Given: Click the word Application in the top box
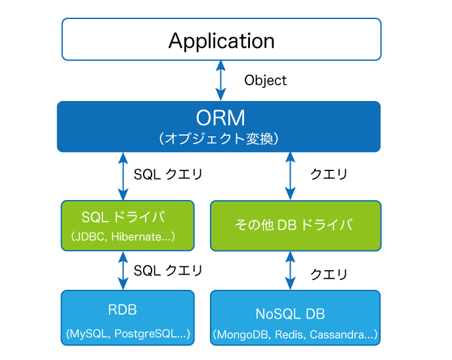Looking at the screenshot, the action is click(x=221, y=41).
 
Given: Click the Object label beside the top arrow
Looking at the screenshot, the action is click(x=266, y=81).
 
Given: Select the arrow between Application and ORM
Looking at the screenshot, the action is click(x=221, y=81).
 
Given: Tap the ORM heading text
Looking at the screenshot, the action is click(x=220, y=117).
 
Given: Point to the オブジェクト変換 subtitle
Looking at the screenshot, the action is click(x=219, y=138).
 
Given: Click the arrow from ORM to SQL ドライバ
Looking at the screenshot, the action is click(x=123, y=176).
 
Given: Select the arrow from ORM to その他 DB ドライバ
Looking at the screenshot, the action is click(x=290, y=176).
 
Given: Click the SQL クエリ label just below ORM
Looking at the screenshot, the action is click(x=168, y=174).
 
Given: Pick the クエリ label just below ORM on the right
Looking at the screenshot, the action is click(x=329, y=174).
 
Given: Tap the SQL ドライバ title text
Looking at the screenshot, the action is click(x=123, y=217).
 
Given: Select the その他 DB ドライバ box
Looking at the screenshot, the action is click(x=296, y=226).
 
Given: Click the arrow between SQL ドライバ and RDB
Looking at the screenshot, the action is click(x=123, y=271).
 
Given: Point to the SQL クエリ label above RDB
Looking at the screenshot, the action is click(x=168, y=271).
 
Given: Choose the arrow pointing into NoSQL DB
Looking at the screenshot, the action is click(x=290, y=271).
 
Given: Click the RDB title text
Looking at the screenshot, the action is click(x=122, y=310).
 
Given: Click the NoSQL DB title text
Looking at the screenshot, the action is click(x=290, y=314).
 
